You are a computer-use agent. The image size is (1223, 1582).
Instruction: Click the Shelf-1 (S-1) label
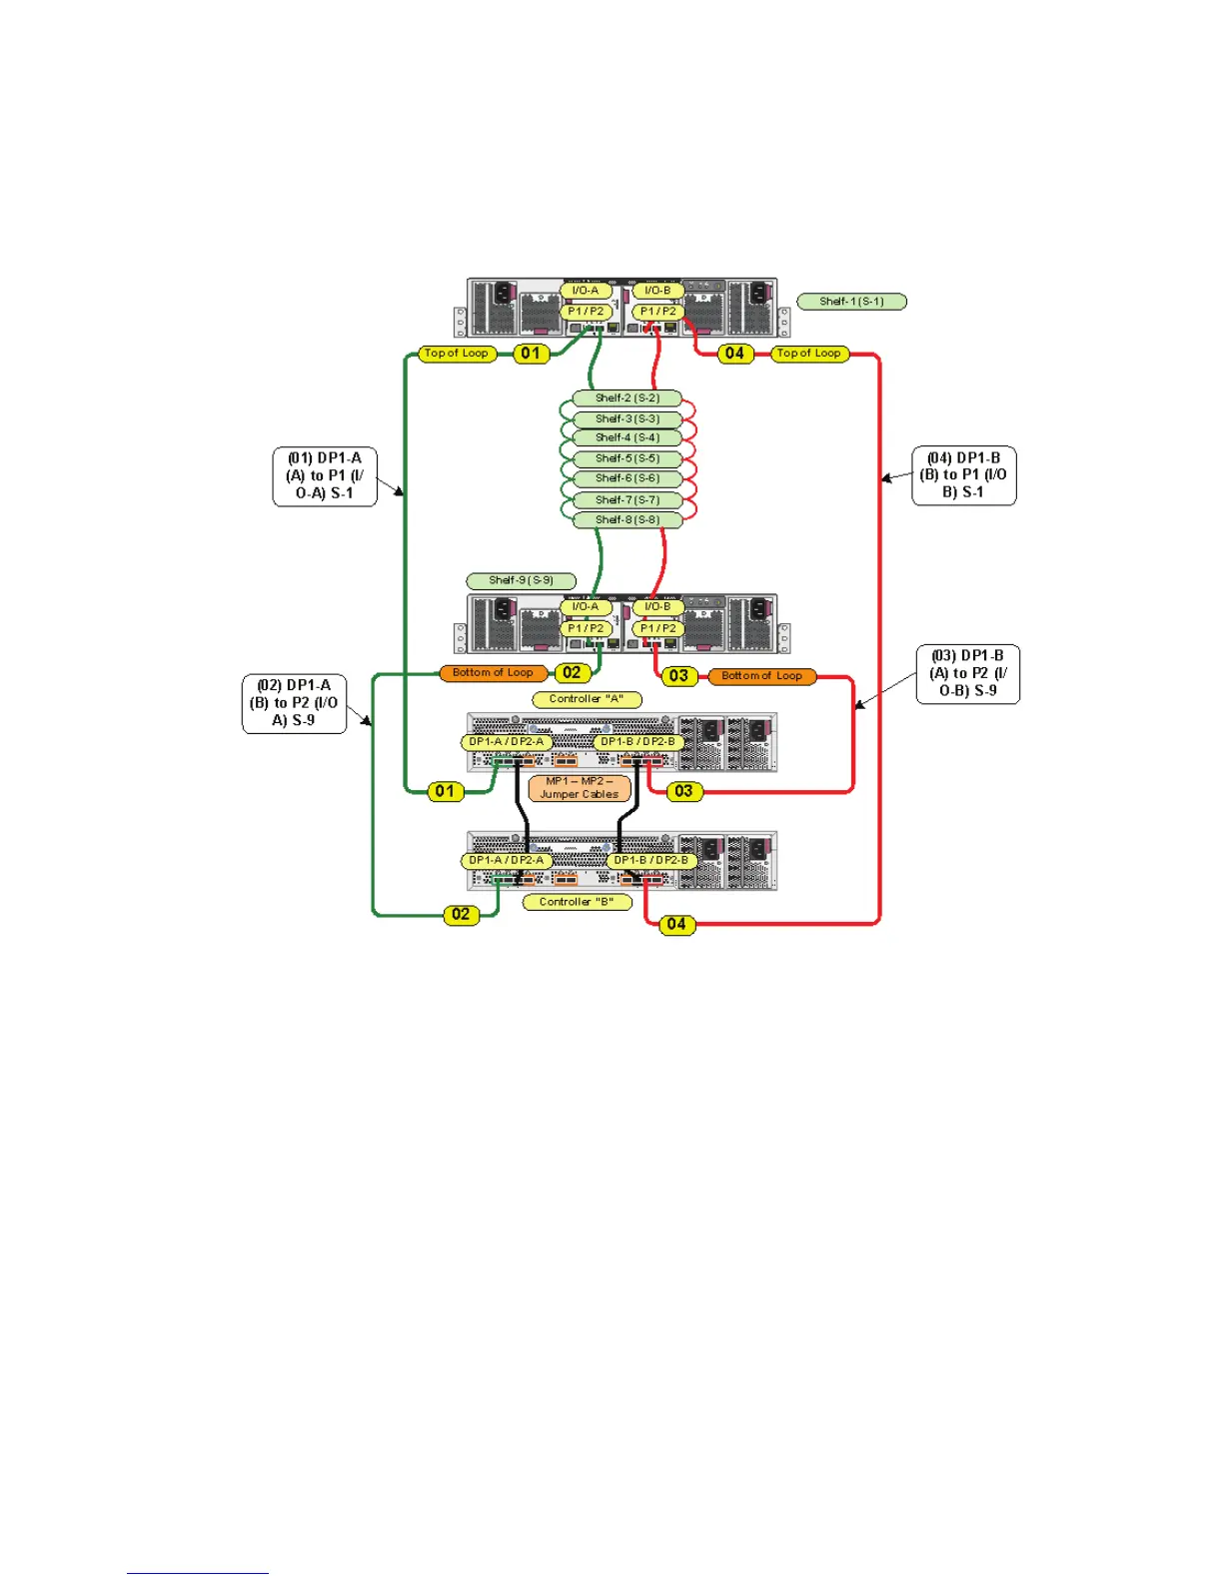click(x=851, y=301)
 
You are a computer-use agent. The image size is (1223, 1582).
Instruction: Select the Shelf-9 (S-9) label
click(x=521, y=580)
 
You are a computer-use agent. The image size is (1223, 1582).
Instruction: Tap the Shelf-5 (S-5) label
click(x=626, y=459)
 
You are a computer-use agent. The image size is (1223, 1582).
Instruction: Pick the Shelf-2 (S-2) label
click(x=626, y=397)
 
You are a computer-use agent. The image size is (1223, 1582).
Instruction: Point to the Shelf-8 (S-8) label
click(x=626, y=519)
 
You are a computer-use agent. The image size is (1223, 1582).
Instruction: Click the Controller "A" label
click(x=586, y=699)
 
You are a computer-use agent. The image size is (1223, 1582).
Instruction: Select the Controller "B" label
click(x=577, y=902)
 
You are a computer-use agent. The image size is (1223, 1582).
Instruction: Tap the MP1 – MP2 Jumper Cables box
click(x=580, y=788)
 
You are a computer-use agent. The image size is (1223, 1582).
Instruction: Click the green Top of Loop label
click(x=457, y=354)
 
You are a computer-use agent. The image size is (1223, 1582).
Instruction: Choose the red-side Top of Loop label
click(x=809, y=354)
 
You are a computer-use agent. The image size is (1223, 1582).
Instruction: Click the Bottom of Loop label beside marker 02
click(x=493, y=673)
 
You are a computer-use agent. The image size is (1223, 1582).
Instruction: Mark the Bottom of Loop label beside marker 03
click(x=761, y=676)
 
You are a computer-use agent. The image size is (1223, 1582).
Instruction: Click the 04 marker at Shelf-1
click(x=734, y=354)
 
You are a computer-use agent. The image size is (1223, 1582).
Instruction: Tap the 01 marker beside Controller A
click(x=445, y=791)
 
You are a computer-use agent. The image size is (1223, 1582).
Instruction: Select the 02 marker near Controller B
click(x=461, y=914)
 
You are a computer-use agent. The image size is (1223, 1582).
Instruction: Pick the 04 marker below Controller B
click(x=676, y=925)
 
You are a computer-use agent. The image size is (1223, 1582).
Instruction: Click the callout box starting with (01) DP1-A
click(x=325, y=476)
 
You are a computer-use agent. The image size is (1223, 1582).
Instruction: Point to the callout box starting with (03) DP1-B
click(x=967, y=674)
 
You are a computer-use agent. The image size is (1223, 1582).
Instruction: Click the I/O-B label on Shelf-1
click(x=657, y=291)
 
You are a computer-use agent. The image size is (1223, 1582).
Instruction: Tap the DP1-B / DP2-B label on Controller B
click(x=649, y=860)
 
